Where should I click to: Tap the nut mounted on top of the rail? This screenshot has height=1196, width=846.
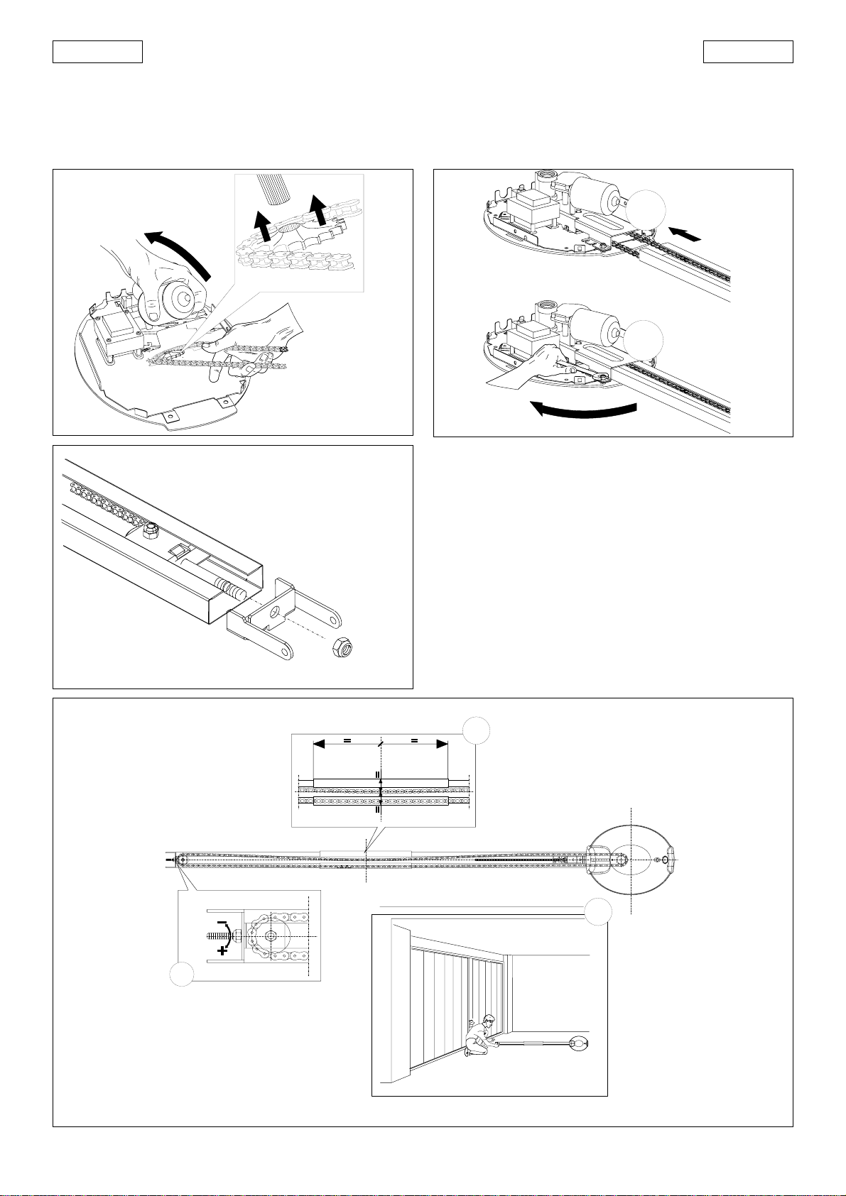[x=152, y=530]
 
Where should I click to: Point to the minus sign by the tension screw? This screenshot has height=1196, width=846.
[x=222, y=923]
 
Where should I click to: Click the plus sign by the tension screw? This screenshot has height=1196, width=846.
[x=224, y=950]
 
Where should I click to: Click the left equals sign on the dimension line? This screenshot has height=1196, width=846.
[x=347, y=740]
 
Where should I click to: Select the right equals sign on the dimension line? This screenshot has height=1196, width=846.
[x=414, y=740]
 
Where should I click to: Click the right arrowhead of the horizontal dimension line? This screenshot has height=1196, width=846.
[x=442, y=744]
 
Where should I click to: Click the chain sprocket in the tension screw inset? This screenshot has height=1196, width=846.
[x=271, y=937]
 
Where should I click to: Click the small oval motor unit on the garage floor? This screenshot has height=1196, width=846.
[x=580, y=1043]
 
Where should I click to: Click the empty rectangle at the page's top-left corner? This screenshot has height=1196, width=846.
[x=97, y=52]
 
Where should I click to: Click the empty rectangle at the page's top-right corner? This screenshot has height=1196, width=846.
[x=748, y=52]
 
